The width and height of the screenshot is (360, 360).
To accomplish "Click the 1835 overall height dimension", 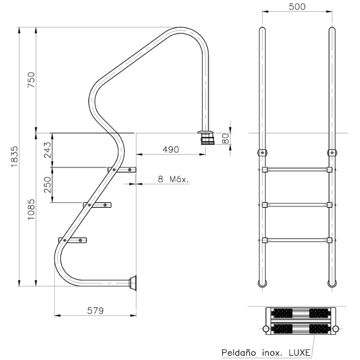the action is tap(14, 156).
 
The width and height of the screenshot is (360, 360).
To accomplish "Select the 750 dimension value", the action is tap(31, 80).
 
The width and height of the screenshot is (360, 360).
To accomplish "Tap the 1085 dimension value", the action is tap(31, 209).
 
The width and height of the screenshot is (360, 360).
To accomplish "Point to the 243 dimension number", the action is tap(47, 150).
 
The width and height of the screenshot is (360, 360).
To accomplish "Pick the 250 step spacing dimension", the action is tap(47, 185).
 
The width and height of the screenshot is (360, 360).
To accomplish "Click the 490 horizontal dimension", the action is tap(171, 150).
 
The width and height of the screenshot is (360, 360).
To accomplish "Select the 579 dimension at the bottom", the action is tap(95, 311).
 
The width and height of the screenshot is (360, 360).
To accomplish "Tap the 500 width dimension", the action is tap(297, 7).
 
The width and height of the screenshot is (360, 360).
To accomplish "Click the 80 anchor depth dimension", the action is tap(226, 138).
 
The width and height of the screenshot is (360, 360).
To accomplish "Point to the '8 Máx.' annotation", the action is tap(173, 179).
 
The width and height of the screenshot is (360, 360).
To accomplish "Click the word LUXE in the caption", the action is tap(299, 353).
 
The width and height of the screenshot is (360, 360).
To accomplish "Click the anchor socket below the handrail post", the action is tap(208, 138).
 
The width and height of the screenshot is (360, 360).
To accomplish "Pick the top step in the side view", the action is tap(122, 170).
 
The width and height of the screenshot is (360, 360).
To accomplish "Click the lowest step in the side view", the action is tap(73, 240).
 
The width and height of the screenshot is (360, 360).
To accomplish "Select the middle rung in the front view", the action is tap(297, 205).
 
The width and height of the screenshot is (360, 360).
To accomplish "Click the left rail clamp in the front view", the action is tap(262, 152).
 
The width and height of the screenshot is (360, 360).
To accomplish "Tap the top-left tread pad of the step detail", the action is tap(281, 313).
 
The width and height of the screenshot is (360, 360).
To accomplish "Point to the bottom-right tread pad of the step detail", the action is tap(319, 329).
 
